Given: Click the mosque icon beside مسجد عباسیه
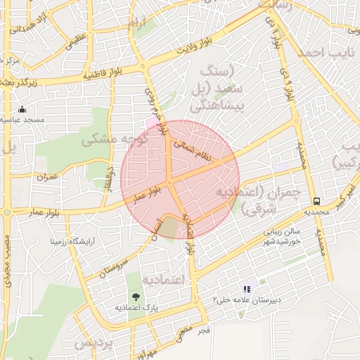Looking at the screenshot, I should pos(22,109).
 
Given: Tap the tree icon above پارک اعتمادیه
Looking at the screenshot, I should pos(135,297).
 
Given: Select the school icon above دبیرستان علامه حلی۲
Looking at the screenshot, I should pos(247,288).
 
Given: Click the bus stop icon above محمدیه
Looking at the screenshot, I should pos(317,200).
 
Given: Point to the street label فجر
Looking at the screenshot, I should pos(204,330).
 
